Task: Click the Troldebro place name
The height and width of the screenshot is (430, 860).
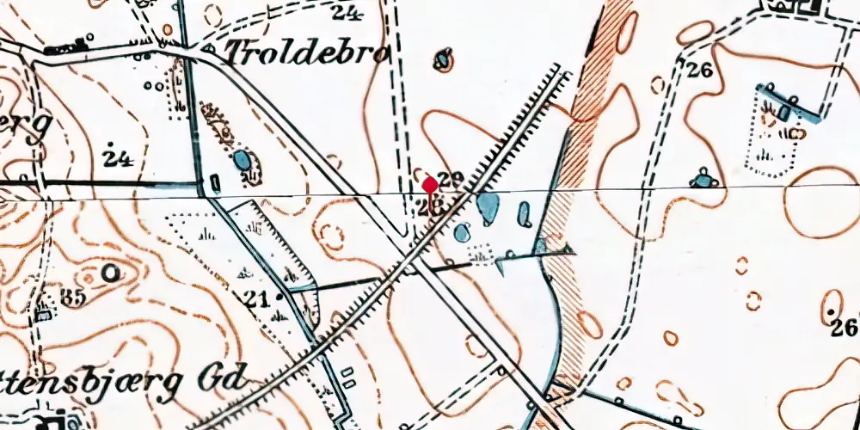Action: coord(307,54)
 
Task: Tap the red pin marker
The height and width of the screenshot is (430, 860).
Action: coord(430,184)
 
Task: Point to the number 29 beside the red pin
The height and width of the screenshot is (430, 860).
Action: coord(451,181)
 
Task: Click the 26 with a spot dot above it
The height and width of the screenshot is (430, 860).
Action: coord(845,327)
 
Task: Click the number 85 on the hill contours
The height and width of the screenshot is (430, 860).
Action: coord(72,299)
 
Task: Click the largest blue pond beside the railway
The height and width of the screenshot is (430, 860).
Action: coord(488,207)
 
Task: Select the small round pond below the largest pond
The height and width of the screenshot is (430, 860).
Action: coord(463,232)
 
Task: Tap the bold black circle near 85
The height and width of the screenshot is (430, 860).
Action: coord(110,273)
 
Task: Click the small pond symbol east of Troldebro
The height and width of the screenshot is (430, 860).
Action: coord(444,61)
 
